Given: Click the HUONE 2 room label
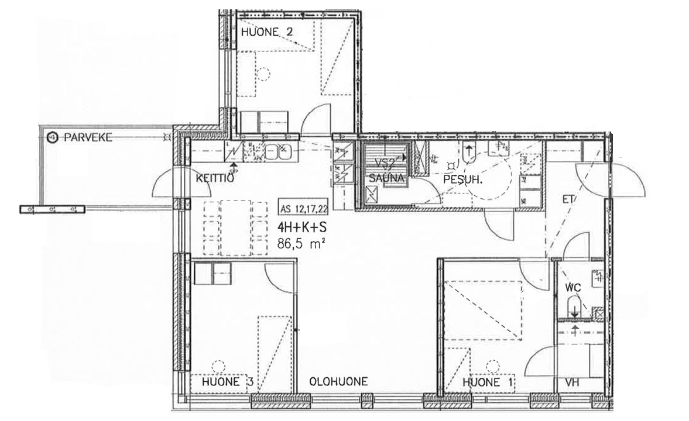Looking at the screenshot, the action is (267, 32).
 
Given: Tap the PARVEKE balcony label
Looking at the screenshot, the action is (88, 137).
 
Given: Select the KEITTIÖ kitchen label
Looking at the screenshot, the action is (214, 178).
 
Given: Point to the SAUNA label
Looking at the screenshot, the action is (386, 178).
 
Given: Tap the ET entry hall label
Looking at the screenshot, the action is (568, 199).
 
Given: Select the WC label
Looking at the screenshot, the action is (574, 288).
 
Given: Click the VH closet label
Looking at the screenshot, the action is (572, 382).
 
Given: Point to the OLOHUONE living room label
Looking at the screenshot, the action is (338, 381).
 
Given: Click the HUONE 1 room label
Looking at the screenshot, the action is (488, 382).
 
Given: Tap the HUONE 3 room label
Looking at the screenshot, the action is (227, 381).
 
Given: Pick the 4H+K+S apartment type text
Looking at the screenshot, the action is (301, 227).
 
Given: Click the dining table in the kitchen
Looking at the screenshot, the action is (236, 227).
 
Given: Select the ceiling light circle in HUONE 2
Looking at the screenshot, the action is (263, 73).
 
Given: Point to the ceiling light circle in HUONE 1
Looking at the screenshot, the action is (493, 367).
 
